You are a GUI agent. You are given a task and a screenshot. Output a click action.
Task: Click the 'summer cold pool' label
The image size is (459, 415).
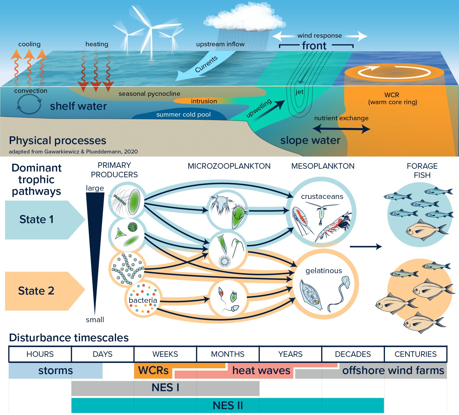pos(183,114)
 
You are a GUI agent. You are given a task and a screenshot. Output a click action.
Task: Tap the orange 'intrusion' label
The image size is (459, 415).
pos(204,101)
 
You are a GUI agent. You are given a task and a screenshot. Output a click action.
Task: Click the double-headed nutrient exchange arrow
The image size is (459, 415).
pos(341,129)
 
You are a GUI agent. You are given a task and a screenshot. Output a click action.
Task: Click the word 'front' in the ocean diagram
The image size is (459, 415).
pos(314,46)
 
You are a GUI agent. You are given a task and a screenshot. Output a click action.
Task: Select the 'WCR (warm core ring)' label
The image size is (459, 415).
pos(392,99)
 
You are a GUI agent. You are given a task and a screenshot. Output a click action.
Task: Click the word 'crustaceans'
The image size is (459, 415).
pos(322,196)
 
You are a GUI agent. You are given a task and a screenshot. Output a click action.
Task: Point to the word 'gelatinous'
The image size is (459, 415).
pos(324,271)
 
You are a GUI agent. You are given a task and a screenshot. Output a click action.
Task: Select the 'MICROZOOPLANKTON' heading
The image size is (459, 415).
pos(229,166)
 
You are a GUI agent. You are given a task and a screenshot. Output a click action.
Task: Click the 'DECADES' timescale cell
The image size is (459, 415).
pos(353,354)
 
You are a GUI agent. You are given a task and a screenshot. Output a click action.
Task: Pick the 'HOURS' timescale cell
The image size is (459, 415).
pos(40,354)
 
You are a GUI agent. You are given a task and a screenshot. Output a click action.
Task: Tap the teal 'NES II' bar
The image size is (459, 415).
pos(227,405)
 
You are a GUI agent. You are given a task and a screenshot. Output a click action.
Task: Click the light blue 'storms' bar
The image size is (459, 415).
pos(55,371)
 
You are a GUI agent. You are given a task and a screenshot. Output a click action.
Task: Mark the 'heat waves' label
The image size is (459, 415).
pos(261,371)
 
